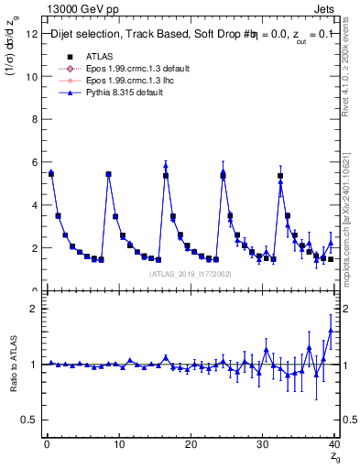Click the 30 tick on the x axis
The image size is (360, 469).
(x=262, y=443)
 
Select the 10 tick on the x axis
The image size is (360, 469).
(x=118, y=443)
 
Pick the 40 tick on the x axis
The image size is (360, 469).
(x=334, y=443)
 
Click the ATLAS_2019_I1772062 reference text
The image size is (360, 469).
(x=191, y=273)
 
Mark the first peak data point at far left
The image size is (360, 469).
(x=51, y=173)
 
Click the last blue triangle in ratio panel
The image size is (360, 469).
(x=331, y=331)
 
